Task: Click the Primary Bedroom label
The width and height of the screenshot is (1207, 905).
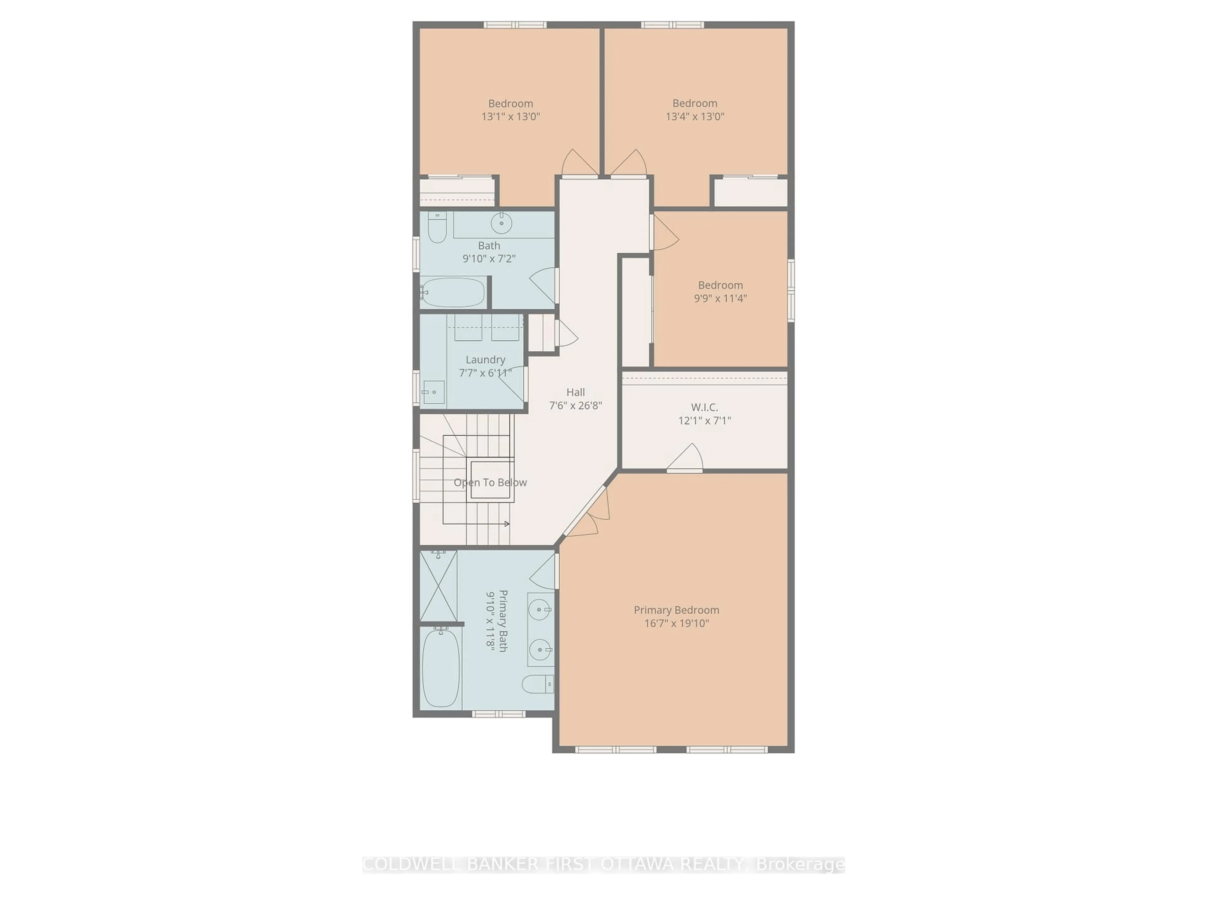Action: [x=676, y=610]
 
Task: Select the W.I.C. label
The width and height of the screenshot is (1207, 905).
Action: [x=704, y=407]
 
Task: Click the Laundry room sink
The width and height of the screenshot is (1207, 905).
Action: [x=434, y=392]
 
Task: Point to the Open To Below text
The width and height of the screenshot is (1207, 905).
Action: [x=490, y=483]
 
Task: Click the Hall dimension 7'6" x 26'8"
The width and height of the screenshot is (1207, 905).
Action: [x=575, y=405]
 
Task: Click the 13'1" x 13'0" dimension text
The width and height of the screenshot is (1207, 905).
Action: [x=510, y=116]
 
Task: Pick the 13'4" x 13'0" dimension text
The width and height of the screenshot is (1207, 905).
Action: [x=695, y=116]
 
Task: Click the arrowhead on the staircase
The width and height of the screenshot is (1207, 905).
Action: [x=507, y=524]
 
